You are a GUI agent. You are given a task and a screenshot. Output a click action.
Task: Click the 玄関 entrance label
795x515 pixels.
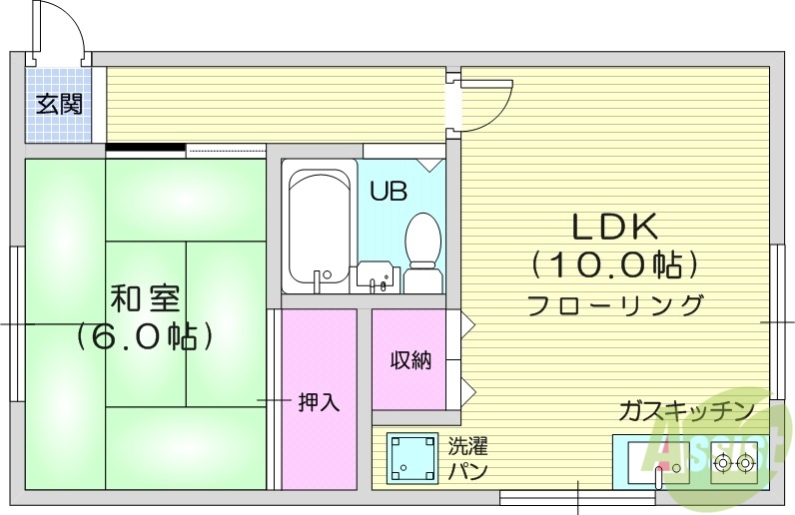coord(59,104)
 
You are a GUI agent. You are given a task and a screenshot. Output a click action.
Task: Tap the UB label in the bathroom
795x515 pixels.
coord(389,191)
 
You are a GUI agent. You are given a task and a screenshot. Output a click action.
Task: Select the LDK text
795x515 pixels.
coord(613,228)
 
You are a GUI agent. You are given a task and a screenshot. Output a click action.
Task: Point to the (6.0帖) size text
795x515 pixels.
coord(146,335)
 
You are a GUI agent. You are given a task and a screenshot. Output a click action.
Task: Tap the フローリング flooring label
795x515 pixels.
coord(613,304)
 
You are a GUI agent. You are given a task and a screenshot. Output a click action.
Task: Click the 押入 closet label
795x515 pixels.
coord(320,402)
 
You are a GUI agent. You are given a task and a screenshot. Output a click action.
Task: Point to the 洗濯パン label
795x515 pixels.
coord(467,458)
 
